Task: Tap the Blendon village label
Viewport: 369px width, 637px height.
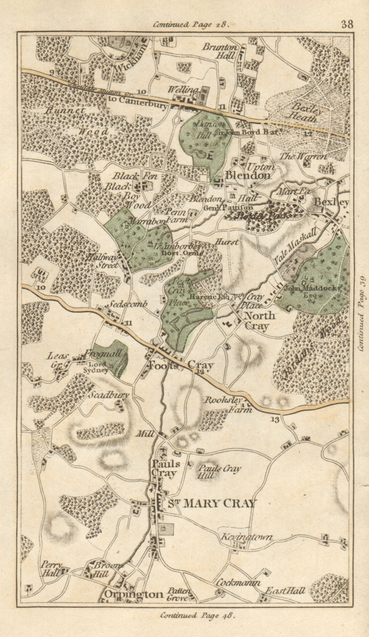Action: point(248,175)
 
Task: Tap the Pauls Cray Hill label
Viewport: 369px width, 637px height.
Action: point(219,472)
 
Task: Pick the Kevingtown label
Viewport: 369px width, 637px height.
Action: point(247,537)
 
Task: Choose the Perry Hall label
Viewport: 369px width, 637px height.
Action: point(51,569)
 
